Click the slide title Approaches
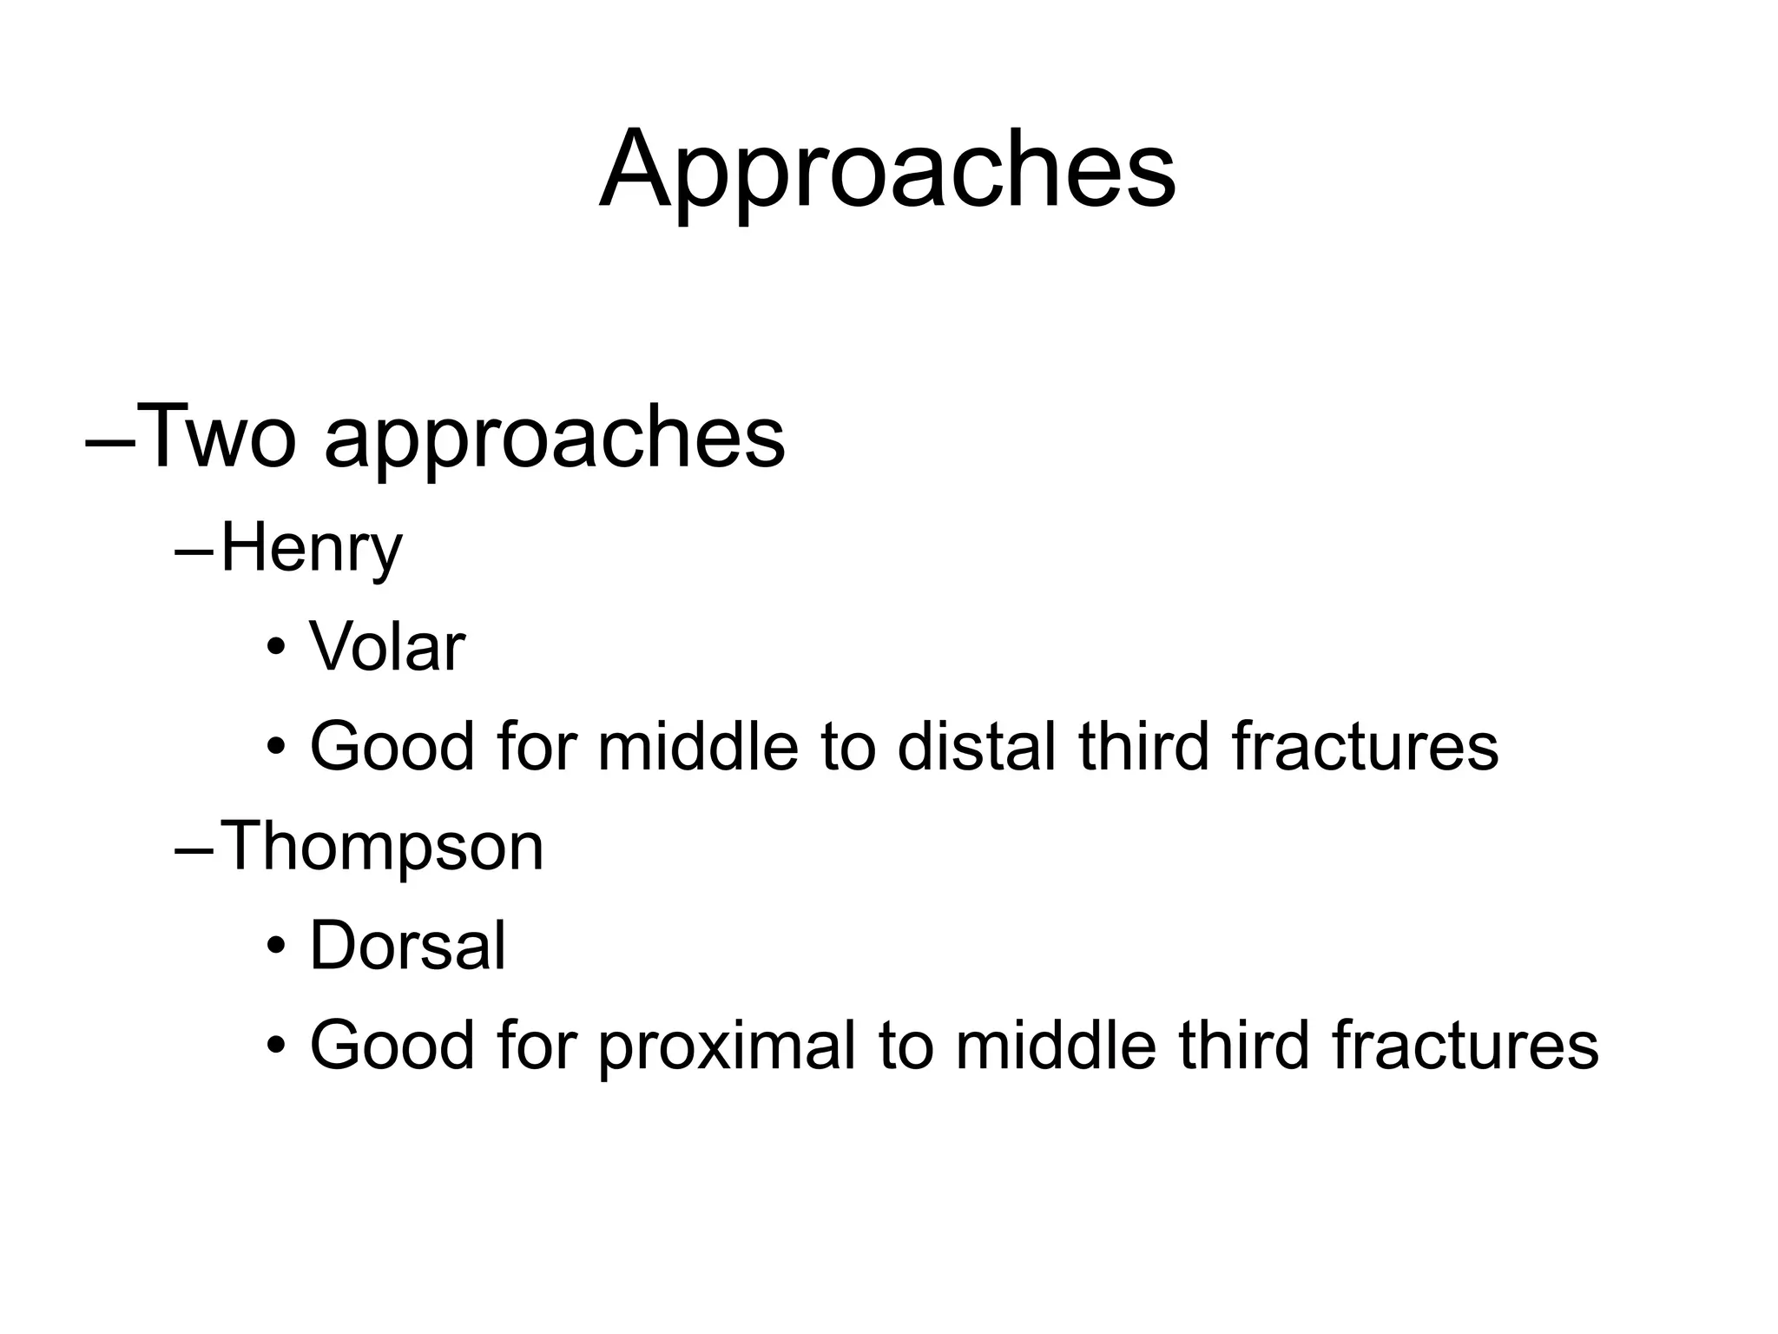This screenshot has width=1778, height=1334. coord(887,170)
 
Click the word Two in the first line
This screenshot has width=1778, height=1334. coord(217,437)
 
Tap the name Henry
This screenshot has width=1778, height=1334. coord(312,550)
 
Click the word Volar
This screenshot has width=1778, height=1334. coord(387,648)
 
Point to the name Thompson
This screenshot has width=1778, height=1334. coord(382,846)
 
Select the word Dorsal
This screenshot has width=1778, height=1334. coord(407,946)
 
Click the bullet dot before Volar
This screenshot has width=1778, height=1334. coord(276,650)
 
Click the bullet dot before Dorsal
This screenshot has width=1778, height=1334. coord(276,948)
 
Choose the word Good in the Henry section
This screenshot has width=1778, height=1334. coord(392,747)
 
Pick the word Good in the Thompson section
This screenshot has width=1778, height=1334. coord(392,1045)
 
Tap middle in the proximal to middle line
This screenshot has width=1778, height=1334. coord(1055,1045)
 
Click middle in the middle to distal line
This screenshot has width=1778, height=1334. coord(697,747)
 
